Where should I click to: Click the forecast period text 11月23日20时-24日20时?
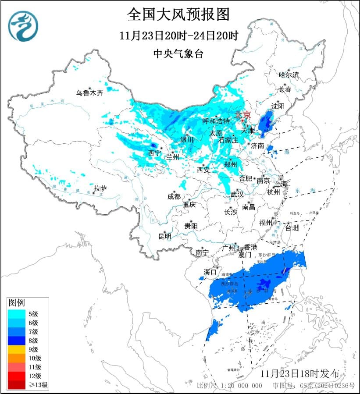click(x=178, y=35)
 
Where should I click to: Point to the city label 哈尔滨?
click(x=289, y=75)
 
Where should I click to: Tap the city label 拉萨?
click(x=100, y=188)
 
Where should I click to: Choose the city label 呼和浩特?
click(x=216, y=121)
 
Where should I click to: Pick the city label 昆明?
click(x=165, y=236)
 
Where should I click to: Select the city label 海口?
click(x=210, y=272)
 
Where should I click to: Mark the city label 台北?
click(x=292, y=228)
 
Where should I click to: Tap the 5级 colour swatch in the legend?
click(x=18, y=313)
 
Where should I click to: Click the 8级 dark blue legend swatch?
click(x=18, y=340)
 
